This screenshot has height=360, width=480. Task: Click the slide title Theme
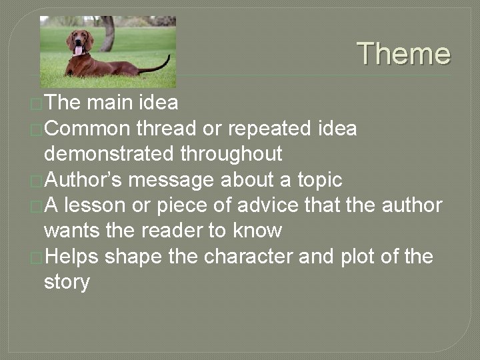point(404,54)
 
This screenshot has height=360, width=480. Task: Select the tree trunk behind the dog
point(107,33)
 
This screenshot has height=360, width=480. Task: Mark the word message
point(171,180)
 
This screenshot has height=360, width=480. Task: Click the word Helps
point(71,257)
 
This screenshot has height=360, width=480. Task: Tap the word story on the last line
point(67,282)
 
